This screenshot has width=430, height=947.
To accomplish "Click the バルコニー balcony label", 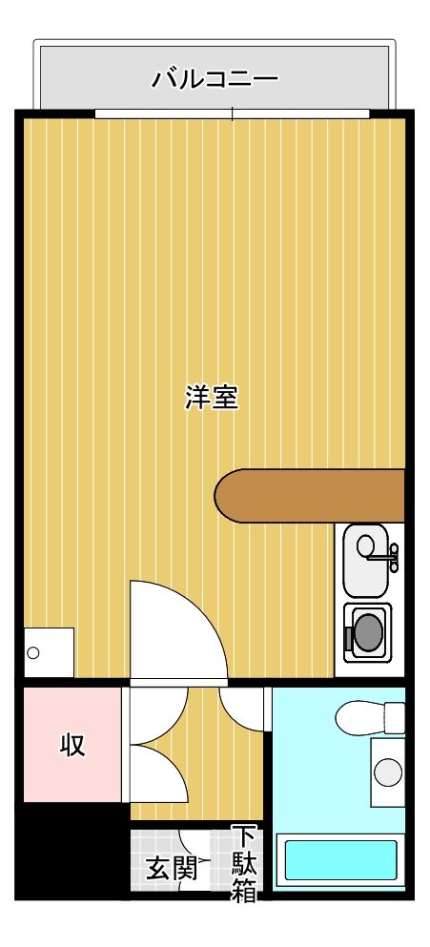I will (215, 77).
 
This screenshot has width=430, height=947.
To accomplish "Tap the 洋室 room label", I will (211, 398).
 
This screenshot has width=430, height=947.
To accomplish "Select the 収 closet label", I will (73, 745).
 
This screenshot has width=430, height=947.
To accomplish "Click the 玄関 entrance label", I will (171, 869).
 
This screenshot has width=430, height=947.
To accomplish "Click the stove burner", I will (366, 630).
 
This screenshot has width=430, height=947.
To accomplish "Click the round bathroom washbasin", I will (388, 771).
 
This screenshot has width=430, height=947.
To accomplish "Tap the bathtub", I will (340, 859).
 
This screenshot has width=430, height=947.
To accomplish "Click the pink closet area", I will (72, 744).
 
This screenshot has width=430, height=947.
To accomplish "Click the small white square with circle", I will (48, 652).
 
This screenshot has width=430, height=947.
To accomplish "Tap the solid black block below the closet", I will (72, 849).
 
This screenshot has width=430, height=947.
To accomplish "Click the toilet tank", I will (394, 718).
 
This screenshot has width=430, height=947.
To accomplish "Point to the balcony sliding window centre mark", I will (232, 114).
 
